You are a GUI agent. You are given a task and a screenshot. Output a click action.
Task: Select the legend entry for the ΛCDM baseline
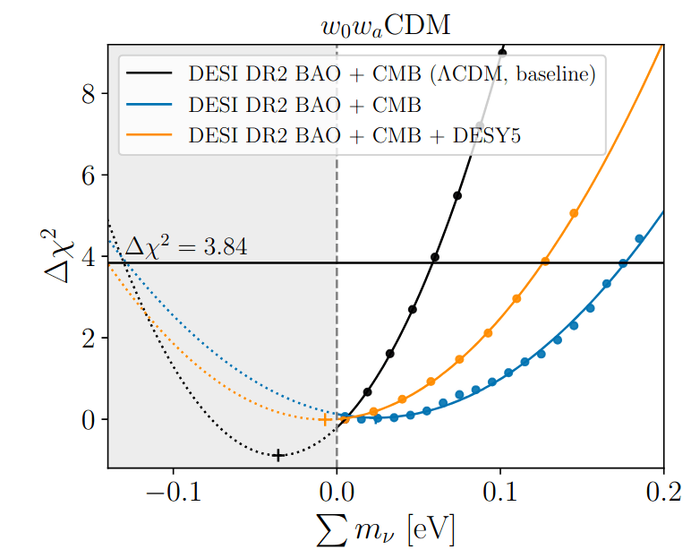(391, 74)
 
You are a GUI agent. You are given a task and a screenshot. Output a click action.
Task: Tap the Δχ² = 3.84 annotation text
(185, 245)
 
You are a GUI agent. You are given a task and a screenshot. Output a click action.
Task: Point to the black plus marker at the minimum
(278, 455)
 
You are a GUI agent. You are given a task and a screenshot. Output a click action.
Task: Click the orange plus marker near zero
(325, 419)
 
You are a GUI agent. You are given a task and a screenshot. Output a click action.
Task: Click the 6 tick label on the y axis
(88, 176)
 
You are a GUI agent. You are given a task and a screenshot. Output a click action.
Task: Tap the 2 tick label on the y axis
(88, 339)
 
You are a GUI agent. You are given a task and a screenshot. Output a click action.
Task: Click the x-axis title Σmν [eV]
(385, 533)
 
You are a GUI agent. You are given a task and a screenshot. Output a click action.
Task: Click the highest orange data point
(574, 213)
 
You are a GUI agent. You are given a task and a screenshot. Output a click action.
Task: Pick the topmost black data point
(502, 52)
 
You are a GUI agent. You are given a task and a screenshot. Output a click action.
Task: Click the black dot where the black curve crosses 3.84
(435, 257)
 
